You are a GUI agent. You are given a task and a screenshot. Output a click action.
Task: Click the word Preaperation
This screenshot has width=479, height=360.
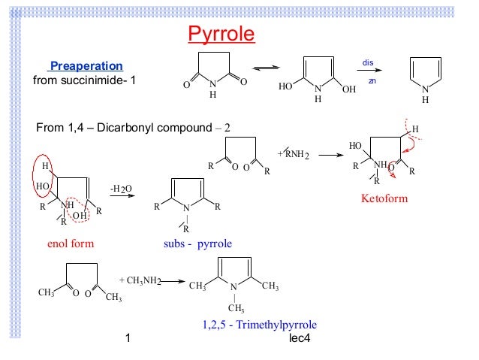coord(86,66)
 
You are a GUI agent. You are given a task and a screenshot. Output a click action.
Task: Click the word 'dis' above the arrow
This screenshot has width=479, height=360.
coord(368,62)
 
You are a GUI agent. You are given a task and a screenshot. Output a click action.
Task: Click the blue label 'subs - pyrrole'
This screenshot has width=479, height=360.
coord(197,244)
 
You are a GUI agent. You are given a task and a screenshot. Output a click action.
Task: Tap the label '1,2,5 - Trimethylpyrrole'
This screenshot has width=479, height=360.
coord(259,325)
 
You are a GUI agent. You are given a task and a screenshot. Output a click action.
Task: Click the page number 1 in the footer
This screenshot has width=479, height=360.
coord(129,340)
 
